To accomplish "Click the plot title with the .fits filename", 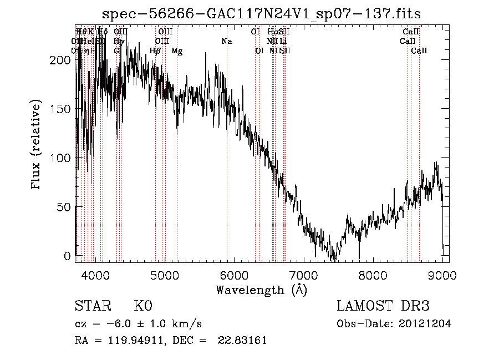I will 262,13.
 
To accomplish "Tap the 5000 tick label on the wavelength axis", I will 165,276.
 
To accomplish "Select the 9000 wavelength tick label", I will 442,276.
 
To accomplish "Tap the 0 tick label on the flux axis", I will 68,256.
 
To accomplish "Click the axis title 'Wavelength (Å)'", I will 261,290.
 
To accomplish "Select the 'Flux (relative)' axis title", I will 37,145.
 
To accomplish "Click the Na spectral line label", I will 226,42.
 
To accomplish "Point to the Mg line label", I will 177,51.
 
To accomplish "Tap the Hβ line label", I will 155,51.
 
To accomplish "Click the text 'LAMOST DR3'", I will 383,306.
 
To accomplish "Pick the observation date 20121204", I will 425,324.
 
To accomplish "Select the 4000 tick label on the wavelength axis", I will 95,276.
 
